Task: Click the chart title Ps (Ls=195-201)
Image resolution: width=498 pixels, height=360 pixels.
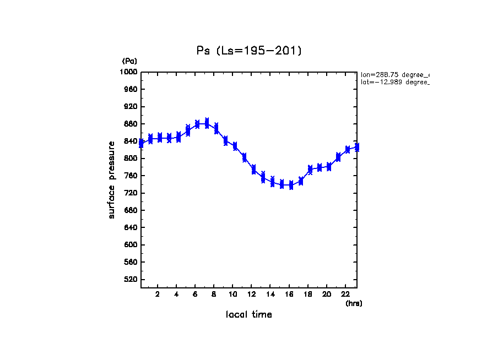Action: click(x=249, y=51)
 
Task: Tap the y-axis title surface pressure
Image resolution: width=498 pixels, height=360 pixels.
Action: click(x=112, y=179)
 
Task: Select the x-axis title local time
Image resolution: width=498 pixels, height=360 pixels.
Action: click(x=249, y=314)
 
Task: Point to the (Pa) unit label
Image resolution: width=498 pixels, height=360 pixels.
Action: click(x=129, y=61)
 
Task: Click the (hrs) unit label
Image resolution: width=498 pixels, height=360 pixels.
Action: click(x=354, y=303)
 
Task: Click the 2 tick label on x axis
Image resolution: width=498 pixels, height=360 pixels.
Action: click(x=158, y=294)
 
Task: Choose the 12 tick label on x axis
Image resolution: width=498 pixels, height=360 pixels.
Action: click(x=252, y=294)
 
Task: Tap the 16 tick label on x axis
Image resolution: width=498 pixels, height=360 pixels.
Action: click(x=289, y=294)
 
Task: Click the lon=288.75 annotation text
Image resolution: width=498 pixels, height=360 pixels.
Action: click(x=394, y=74)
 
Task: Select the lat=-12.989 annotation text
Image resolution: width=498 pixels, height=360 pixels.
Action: click(x=394, y=82)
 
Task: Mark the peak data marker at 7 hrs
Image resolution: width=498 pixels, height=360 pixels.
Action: click(x=207, y=123)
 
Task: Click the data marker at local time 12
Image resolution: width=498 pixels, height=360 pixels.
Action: click(x=254, y=169)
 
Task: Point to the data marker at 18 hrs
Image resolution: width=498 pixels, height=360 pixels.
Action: click(x=310, y=169)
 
